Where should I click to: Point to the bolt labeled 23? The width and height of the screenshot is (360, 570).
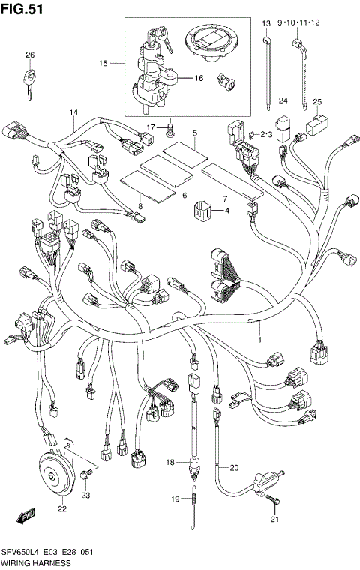(88, 474)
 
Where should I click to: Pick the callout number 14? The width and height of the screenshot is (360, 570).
(73, 112)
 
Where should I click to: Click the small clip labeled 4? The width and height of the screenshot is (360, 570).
(201, 212)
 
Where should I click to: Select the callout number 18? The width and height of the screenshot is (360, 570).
(169, 462)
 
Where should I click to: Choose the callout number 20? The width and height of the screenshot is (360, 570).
(233, 468)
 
